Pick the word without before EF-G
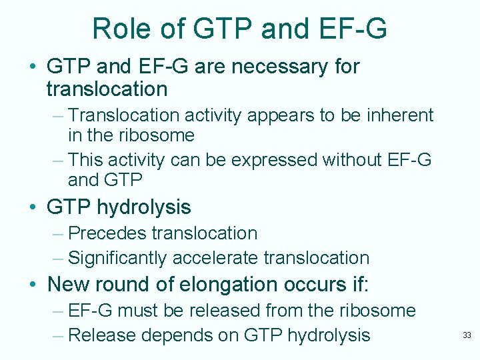point(355,159)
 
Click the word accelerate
point(217,258)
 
